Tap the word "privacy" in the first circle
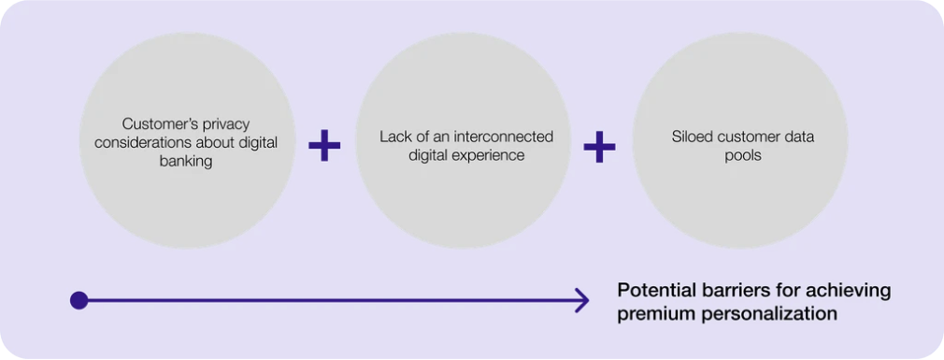point(226,124)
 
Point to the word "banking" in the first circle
point(186,162)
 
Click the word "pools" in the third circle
point(744,155)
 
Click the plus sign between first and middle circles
point(324,145)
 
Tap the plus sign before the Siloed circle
point(600,146)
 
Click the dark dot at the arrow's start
point(79,300)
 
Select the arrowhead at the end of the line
point(582,300)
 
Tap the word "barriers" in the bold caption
point(720,291)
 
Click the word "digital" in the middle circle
point(430,155)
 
